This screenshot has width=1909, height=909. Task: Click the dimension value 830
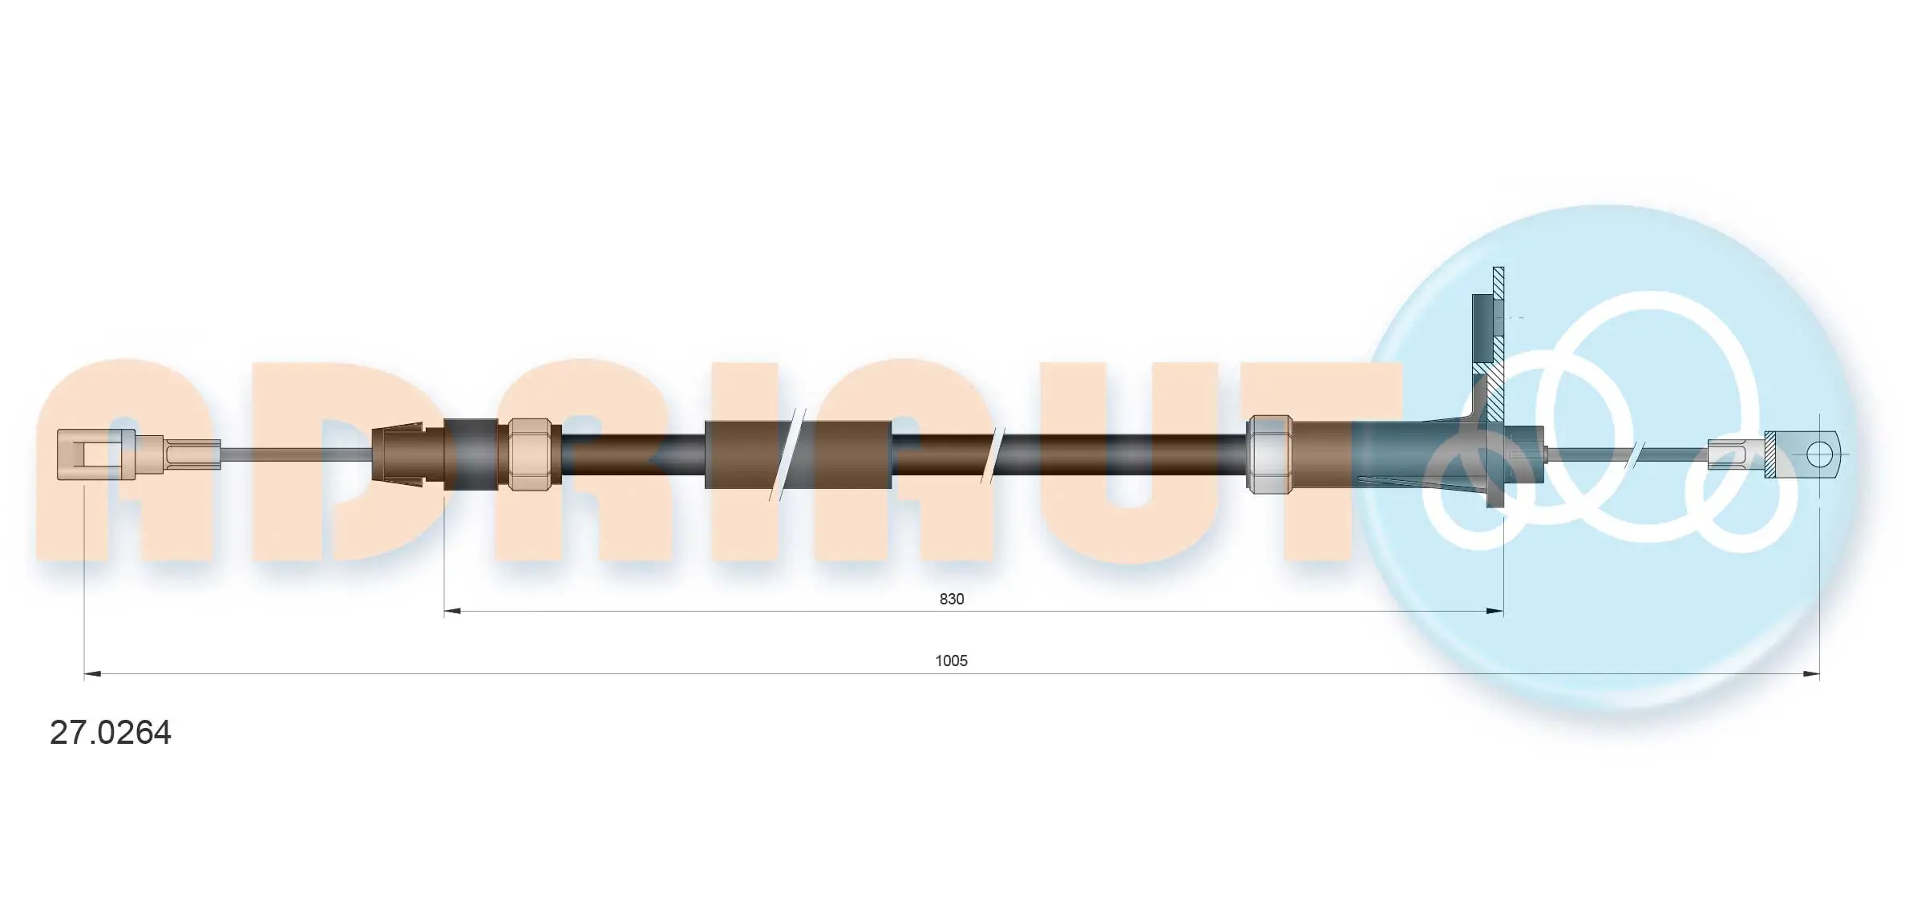click(x=951, y=599)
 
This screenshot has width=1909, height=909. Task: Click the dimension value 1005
click(x=951, y=661)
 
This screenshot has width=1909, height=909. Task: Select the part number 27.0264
click(x=111, y=733)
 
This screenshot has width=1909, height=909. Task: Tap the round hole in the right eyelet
click(x=1819, y=454)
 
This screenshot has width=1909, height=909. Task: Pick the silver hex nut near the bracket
click(x=1270, y=454)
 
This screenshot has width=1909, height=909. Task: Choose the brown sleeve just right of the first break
click(x=851, y=454)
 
